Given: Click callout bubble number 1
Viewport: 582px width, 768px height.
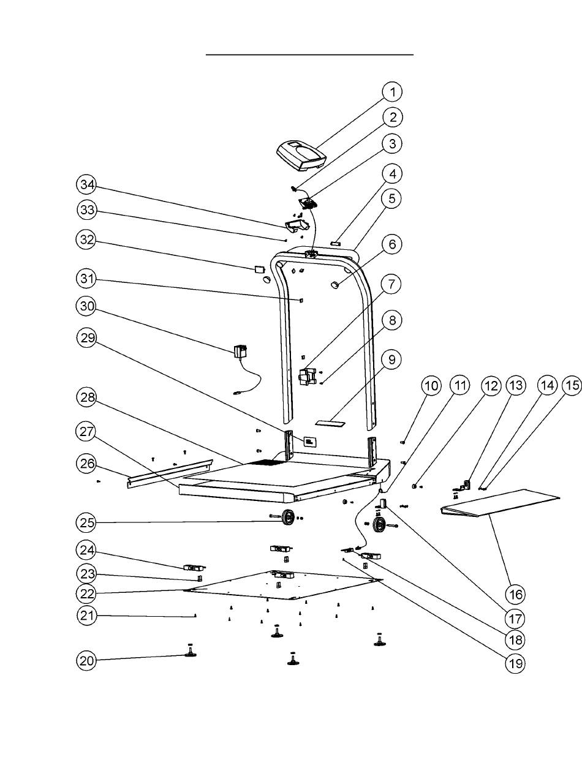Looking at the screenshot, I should (x=392, y=92).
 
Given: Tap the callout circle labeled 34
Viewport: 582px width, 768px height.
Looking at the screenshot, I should (x=87, y=184).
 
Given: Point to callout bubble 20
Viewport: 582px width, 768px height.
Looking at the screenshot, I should (x=87, y=660).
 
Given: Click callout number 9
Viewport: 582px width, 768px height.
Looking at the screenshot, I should (x=392, y=360).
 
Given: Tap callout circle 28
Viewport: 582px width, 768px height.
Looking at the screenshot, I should (x=87, y=397).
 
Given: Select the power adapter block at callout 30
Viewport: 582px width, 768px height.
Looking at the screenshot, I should (x=240, y=352).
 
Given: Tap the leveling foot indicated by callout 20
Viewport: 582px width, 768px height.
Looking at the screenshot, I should (x=191, y=654).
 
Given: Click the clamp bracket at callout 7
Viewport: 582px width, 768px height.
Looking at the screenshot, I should (x=308, y=375).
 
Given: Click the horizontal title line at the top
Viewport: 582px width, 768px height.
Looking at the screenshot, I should (x=309, y=55).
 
